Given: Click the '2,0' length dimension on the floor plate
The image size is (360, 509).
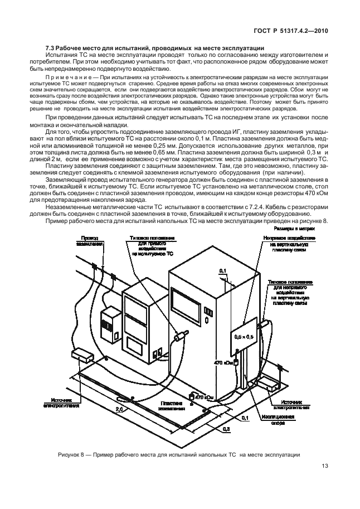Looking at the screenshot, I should pos(119,409).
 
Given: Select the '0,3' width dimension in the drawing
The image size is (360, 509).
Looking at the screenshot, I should pos(226,430).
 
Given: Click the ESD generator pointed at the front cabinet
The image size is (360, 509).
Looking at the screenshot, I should pos(180,337).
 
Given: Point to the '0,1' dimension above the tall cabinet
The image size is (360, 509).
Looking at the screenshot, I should pos(223,270).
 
